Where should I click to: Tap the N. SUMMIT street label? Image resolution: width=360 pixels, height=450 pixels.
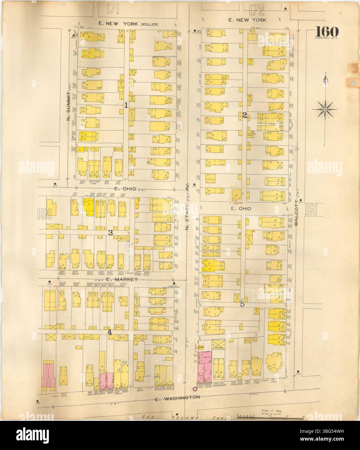point(68,106)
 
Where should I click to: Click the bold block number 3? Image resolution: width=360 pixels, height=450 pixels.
point(110,232)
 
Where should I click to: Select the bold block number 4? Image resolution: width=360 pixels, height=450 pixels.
point(110,332)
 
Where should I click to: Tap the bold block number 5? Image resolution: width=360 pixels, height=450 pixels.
point(242,304)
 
